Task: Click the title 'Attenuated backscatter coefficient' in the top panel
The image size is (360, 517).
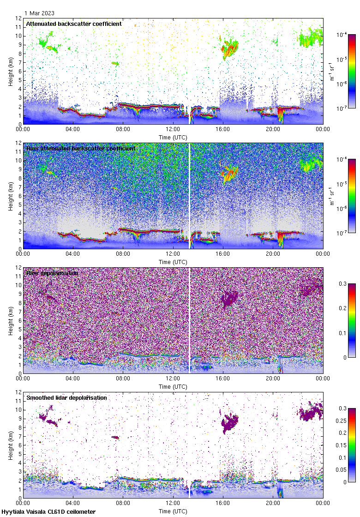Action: [74, 24]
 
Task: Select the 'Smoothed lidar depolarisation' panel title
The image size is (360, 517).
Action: [66, 397]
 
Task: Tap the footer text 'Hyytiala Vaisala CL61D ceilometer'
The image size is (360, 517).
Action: [48, 512]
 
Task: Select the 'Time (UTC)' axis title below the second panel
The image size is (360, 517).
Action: [173, 262]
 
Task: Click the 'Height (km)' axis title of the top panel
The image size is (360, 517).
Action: [11, 72]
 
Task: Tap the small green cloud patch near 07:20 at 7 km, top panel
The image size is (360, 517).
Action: [115, 63]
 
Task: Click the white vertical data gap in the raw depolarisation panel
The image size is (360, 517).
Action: [190, 319]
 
